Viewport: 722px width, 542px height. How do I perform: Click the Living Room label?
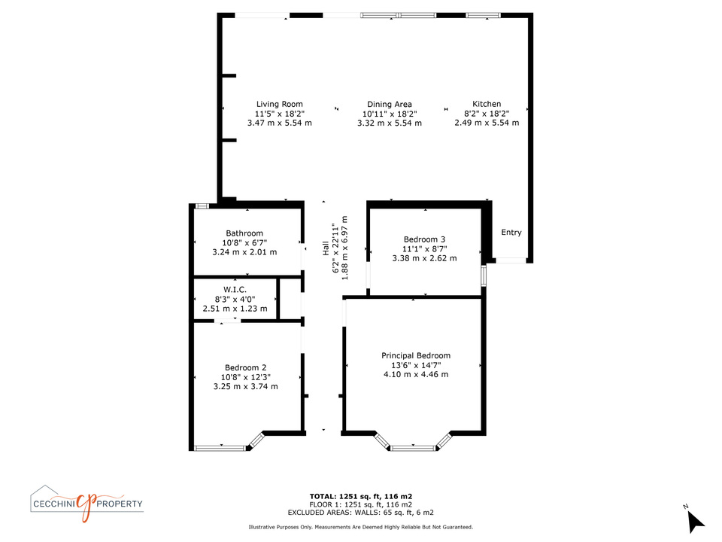280,104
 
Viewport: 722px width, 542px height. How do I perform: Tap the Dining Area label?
390,104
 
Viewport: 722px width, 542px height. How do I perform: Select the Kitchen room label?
487,104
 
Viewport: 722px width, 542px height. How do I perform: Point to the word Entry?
511,233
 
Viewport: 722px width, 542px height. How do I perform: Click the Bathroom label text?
244,233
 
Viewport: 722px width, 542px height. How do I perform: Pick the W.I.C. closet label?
235,289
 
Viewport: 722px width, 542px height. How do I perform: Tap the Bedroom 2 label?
245,367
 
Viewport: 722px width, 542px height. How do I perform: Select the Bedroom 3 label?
424,239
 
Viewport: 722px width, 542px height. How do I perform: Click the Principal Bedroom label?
416,355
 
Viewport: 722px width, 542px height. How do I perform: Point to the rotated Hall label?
326,248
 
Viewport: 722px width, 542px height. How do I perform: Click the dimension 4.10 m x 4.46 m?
416,374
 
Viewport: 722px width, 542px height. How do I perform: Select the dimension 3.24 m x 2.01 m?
244,252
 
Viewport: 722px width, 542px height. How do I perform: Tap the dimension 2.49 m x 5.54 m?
487,123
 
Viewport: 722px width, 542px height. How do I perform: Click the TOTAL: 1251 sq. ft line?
361,496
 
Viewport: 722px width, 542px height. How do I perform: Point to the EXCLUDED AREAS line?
360,512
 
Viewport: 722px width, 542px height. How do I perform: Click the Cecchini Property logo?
87,504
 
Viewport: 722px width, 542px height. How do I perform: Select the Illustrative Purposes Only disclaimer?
360,527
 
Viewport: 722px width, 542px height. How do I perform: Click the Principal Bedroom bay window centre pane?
413,447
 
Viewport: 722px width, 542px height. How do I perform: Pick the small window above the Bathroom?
202,206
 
